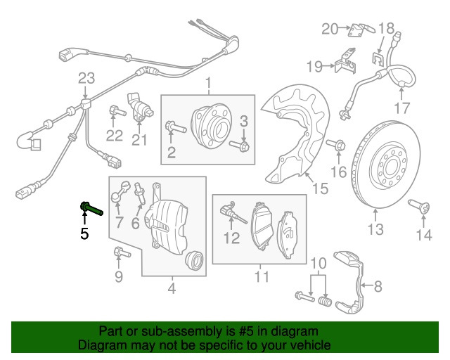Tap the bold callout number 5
pos(84,233)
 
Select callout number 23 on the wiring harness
pos(86,78)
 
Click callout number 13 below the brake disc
pos(375,229)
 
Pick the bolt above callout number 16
pos(336,144)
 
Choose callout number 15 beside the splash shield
pos(320,188)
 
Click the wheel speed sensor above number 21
pos(139,108)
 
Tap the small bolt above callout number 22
pos(117,111)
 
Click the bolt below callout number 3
pos(239,146)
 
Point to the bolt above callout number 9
pos(122,252)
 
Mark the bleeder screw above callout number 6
pos(139,192)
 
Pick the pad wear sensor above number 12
pos(233,213)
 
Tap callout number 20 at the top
pos(330,29)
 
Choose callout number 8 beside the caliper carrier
pos(378,286)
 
